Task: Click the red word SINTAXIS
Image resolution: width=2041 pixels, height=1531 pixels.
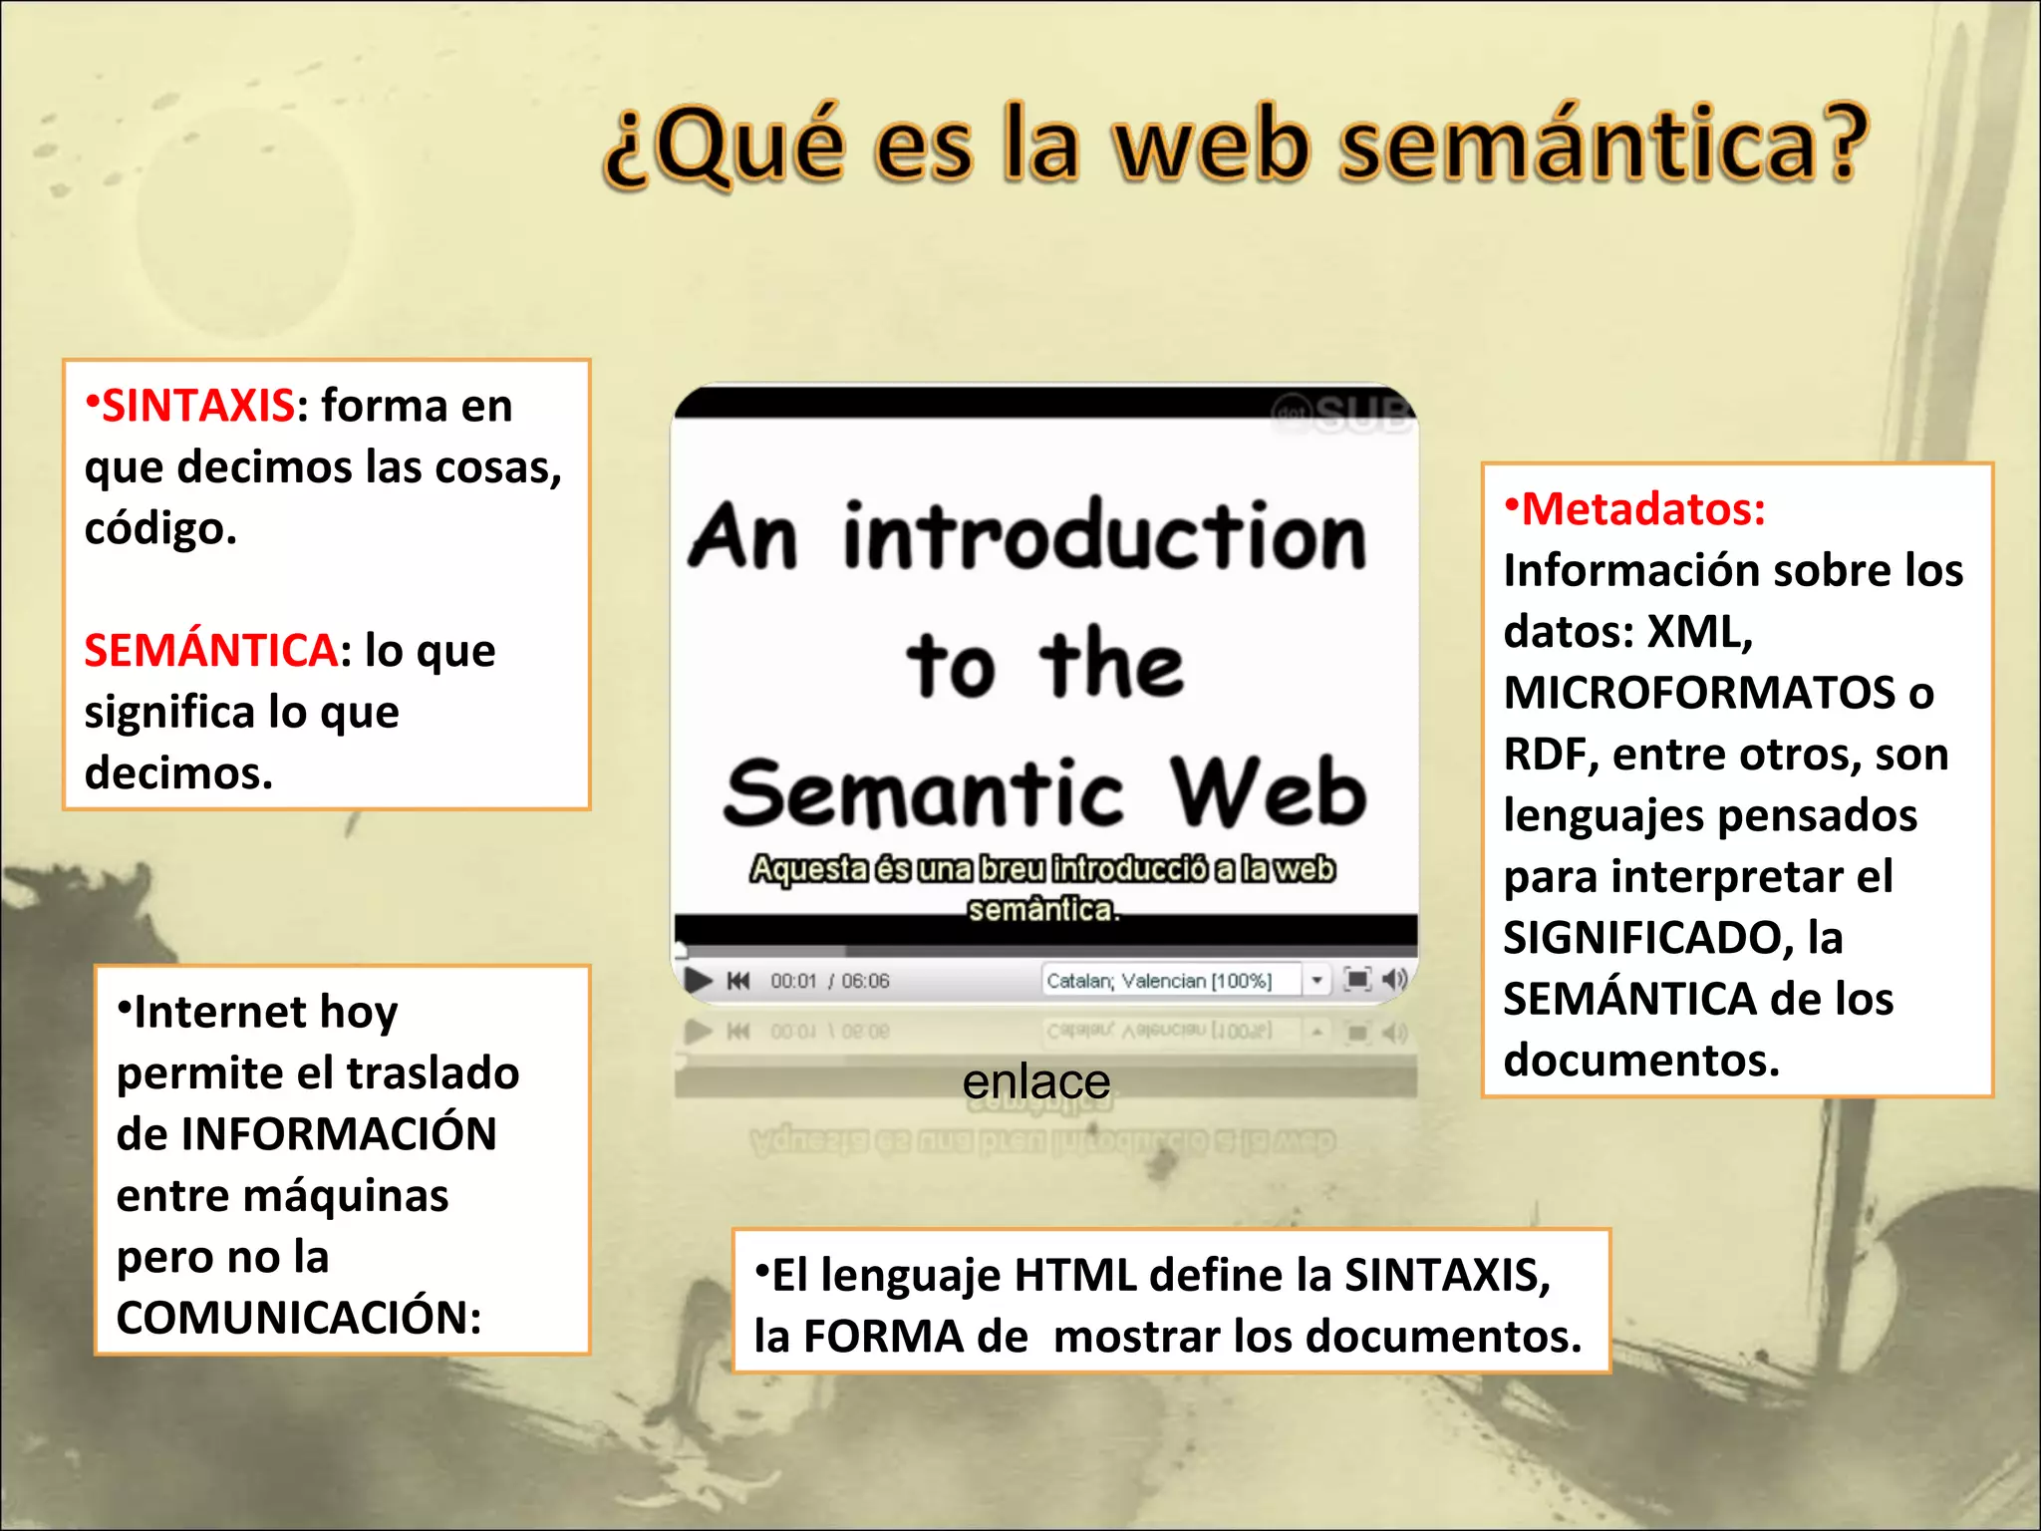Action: (198, 406)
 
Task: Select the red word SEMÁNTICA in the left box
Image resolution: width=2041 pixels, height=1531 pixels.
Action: (210, 651)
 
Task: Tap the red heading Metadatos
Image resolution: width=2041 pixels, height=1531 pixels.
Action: (1643, 509)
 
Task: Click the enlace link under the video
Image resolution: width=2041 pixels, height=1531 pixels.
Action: (1036, 1081)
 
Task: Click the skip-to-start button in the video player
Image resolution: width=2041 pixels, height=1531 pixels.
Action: (738, 981)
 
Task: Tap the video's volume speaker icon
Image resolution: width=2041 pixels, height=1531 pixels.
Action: (1394, 980)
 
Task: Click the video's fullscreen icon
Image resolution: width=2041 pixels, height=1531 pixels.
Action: (1356, 980)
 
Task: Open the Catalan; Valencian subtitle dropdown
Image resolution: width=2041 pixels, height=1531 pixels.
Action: (1316, 981)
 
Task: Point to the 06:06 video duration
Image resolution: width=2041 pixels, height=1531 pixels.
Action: (865, 982)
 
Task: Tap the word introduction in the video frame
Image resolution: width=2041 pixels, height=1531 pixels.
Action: (1104, 538)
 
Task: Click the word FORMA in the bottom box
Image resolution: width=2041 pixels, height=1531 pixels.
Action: (883, 1337)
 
